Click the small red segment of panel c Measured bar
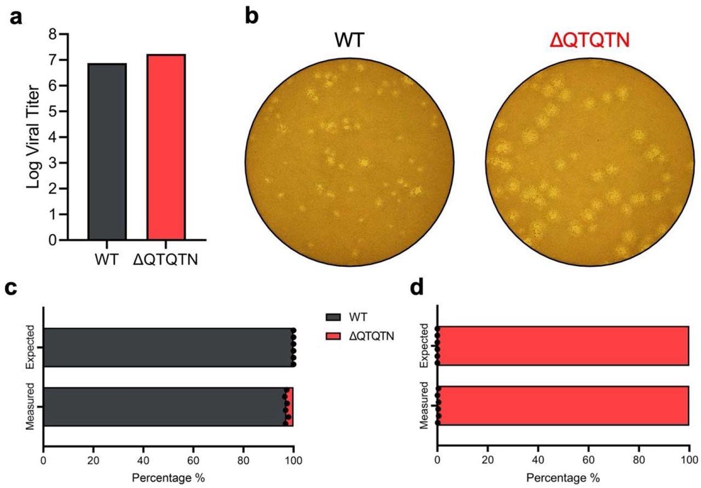[290, 406]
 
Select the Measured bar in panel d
[562, 406]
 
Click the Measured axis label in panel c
[30, 406]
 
